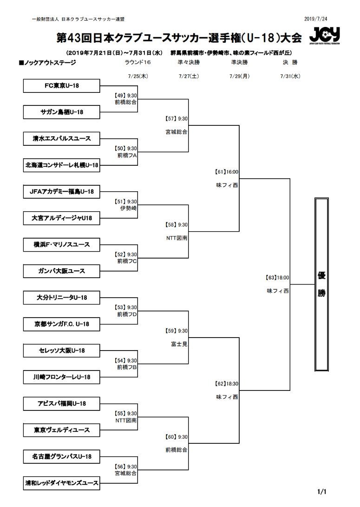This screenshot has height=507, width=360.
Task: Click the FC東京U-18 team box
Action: (x=61, y=85)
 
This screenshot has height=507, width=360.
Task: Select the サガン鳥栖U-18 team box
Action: (x=61, y=112)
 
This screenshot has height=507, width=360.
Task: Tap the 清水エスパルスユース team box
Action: (x=61, y=138)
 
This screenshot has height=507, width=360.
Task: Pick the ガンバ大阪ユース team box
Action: (x=61, y=271)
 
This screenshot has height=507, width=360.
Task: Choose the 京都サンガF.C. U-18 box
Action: (x=61, y=324)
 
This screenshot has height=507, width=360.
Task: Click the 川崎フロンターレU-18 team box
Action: (x=61, y=377)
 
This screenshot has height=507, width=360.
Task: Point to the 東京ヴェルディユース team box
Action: (x=61, y=430)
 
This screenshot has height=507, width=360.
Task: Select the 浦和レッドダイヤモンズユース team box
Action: (x=61, y=483)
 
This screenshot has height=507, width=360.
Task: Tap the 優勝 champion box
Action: (x=321, y=284)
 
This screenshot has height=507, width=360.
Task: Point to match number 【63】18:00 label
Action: (x=277, y=278)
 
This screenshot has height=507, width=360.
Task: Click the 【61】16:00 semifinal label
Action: (x=227, y=171)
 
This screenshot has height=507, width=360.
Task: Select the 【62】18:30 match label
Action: (x=227, y=384)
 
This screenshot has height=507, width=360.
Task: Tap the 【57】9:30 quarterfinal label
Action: (x=177, y=118)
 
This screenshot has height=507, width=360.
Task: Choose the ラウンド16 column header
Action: (x=138, y=62)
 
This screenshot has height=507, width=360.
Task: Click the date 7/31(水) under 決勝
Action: (x=290, y=76)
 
